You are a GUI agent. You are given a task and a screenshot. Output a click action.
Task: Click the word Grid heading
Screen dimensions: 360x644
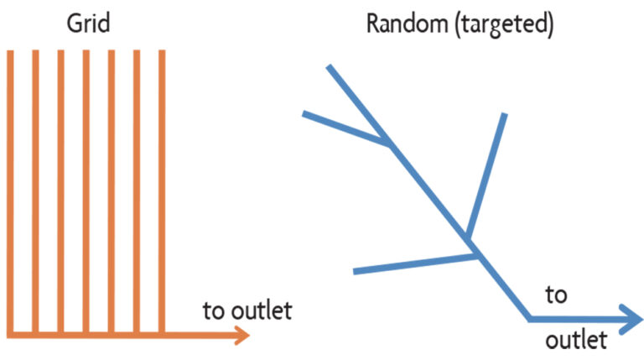[x=88, y=23]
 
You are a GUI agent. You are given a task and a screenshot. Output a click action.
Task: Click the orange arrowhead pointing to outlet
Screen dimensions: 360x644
[x=242, y=335]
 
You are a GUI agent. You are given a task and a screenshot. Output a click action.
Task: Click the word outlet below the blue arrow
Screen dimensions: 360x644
[x=576, y=341]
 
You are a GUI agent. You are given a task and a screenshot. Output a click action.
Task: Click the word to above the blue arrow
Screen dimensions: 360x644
[x=556, y=295]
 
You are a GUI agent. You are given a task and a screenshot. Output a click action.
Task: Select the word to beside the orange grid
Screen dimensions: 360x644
[x=215, y=311]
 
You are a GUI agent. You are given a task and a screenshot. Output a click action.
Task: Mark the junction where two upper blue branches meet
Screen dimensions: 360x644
[x=390, y=143]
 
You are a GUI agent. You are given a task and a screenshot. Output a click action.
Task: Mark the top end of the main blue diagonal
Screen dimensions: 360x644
[x=330, y=67]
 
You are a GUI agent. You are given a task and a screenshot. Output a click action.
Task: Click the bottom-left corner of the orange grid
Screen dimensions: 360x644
[x=10, y=335]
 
